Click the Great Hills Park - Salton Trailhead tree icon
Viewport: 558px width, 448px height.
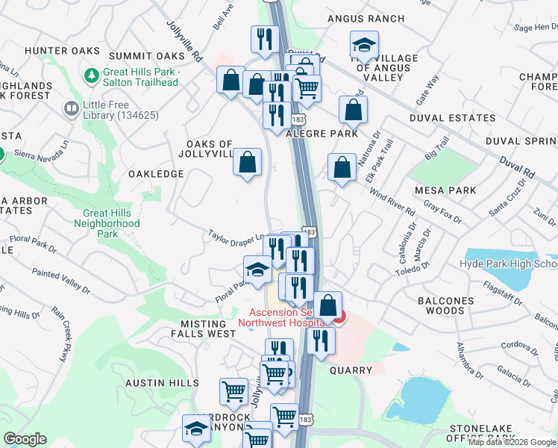(93, 75)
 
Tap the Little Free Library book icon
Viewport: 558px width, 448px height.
(72, 110)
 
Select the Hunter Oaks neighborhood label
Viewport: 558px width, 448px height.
(51, 50)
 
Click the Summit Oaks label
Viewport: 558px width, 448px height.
(146, 56)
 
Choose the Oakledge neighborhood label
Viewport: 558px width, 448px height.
(156, 173)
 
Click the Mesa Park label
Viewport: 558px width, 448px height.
(447, 190)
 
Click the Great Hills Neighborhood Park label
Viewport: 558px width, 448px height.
(111, 223)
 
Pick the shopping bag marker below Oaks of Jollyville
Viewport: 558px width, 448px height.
(248, 163)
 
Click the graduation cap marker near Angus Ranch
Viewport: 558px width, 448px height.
(364, 46)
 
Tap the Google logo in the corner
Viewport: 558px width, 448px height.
(25, 439)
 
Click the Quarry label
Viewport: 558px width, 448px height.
(351, 370)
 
